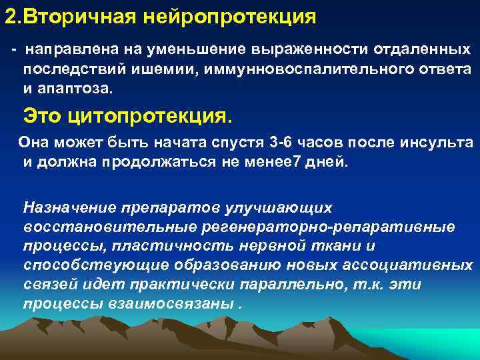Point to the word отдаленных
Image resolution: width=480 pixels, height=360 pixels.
point(420,51)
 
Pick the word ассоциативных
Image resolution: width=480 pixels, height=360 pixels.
point(406,265)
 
